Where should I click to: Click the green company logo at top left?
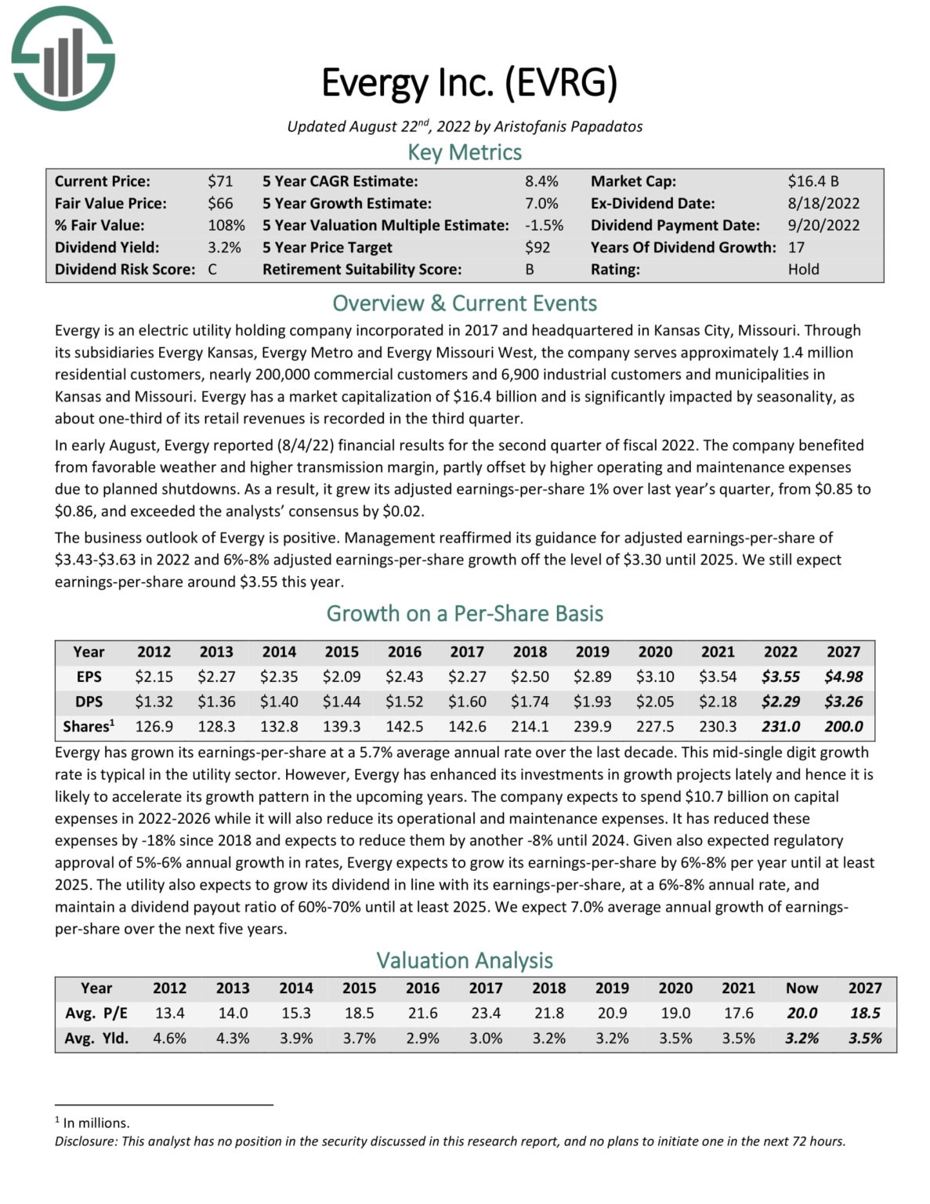click(x=63, y=58)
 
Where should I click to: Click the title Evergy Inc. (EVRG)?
click(x=469, y=83)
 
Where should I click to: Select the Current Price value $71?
click(x=220, y=181)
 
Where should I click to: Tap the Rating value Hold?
click(x=803, y=269)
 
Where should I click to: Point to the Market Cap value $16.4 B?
click(x=813, y=181)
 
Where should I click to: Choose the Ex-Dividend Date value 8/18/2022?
click(x=823, y=203)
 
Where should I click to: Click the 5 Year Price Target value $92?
click(x=537, y=247)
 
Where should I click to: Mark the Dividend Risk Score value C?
click(x=212, y=269)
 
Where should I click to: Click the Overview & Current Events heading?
click(x=465, y=303)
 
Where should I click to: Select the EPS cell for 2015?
click(x=342, y=676)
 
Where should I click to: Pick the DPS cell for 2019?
click(x=592, y=702)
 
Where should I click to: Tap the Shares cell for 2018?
click(x=530, y=727)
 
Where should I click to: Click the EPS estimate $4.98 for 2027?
click(x=843, y=676)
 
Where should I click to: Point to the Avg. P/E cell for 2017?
click(x=486, y=1013)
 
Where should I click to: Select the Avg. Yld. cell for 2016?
click(x=422, y=1038)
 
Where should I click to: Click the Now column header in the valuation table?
click(x=802, y=988)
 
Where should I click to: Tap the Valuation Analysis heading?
click(x=465, y=960)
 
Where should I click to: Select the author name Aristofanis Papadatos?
click(x=568, y=126)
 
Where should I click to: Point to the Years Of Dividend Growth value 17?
click(x=796, y=247)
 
